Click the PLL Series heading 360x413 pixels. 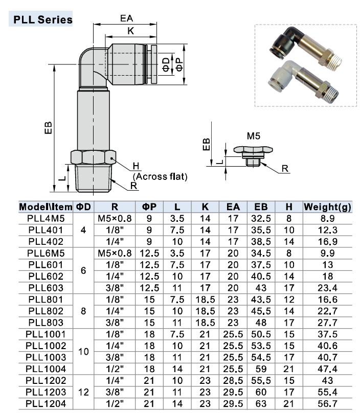[x=43, y=20]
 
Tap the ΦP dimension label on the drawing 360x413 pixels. [x=179, y=62]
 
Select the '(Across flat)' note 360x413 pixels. [x=160, y=177]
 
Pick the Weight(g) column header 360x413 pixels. [x=327, y=207]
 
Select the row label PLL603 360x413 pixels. [x=46, y=288]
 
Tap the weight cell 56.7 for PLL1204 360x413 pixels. [x=327, y=403]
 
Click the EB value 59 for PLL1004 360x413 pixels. [x=261, y=369]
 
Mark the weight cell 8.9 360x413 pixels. [x=327, y=218]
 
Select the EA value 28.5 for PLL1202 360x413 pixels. [x=233, y=380]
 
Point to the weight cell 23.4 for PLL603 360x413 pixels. [x=327, y=288]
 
